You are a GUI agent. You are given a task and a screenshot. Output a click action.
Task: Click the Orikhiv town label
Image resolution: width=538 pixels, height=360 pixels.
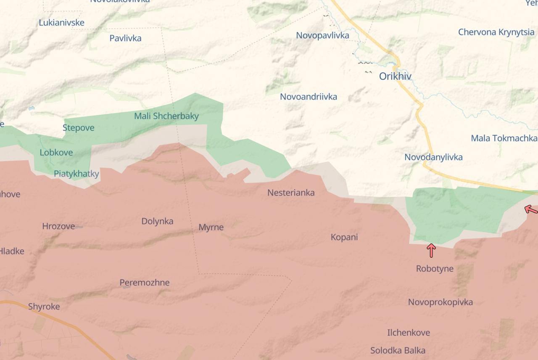click(395, 76)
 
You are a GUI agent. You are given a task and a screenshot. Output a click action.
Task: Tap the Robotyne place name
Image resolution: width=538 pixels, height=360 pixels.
click(435, 268)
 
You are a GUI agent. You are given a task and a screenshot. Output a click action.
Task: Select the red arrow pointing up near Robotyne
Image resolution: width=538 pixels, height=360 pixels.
click(431, 250)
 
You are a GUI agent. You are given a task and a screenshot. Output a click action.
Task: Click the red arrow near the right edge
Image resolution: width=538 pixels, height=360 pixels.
click(531, 209)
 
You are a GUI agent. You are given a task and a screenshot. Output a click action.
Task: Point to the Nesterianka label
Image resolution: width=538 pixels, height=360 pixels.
click(291, 193)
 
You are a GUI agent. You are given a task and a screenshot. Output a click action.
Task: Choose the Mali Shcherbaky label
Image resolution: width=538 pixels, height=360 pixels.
click(166, 116)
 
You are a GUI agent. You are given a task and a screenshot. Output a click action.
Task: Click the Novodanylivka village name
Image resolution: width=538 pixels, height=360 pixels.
click(433, 157)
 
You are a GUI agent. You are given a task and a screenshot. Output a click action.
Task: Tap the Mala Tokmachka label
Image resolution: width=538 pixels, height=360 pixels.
click(504, 138)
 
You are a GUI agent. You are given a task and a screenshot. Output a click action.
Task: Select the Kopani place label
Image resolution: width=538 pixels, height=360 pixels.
click(344, 237)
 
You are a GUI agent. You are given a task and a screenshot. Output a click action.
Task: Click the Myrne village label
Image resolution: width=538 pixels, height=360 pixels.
click(211, 227)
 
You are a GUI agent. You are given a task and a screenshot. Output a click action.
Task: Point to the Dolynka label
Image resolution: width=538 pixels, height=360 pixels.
click(157, 221)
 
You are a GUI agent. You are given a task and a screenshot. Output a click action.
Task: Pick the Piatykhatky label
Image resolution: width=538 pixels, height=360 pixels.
click(76, 174)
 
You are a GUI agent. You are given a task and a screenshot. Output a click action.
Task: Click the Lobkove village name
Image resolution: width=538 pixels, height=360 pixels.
click(56, 152)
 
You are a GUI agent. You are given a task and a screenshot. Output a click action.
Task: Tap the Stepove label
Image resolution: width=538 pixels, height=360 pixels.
click(79, 127)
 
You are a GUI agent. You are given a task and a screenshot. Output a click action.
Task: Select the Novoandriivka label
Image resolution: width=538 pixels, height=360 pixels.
click(309, 97)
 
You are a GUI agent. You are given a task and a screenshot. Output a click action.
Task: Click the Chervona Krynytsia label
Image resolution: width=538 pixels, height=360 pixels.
click(496, 32)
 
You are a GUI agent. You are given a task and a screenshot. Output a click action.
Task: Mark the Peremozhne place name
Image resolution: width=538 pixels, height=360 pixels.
click(145, 283)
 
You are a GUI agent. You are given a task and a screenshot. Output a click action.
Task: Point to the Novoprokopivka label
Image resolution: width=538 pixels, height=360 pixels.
click(440, 302)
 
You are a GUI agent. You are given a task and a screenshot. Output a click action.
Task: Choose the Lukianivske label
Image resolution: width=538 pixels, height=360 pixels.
click(62, 23)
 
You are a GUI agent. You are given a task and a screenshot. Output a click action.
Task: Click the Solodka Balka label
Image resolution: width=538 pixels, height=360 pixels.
click(398, 350)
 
